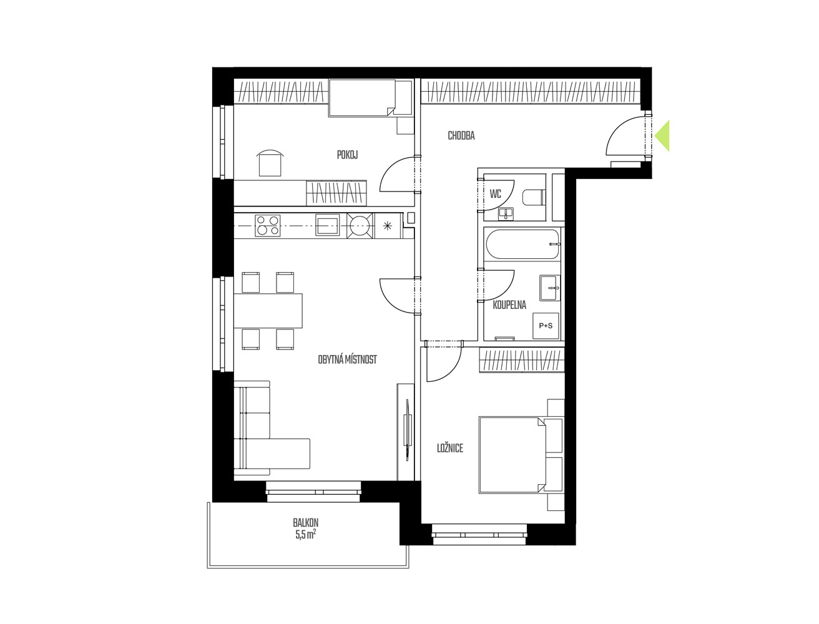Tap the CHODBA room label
click(x=461, y=136)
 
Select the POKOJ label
click(x=347, y=155)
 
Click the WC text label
click(x=496, y=194)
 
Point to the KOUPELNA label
click(x=509, y=305)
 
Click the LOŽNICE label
click(x=450, y=448)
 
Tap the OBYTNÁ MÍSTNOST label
click(x=347, y=359)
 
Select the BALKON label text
click(x=306, y=522)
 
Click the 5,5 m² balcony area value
click(x=306, y=535)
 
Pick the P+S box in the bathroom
click(x=546, y=326)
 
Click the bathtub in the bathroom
click(x=522, y=245)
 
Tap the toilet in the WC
click(x=534, y=197)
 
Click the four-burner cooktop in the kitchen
click(x=268, y=225)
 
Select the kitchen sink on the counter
click(x=328, y=225)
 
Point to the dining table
click(x=268, y=311)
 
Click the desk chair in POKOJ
click(x=270, y=163)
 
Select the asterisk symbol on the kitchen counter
click(x=388, y=225)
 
